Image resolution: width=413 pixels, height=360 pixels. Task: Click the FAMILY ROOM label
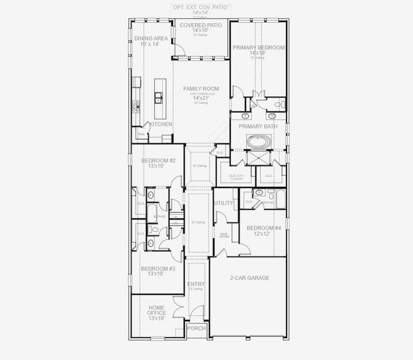pos(201,89)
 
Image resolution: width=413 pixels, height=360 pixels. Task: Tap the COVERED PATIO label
pos(201,25)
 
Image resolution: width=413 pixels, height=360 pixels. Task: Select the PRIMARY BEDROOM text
pos(258,47)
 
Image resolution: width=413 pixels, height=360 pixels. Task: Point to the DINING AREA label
pos(150,38)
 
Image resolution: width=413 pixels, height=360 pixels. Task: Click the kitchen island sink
pos(158,95)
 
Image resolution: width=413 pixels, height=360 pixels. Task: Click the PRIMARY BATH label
pos(258,127)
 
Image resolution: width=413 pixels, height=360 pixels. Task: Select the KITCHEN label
pos(161,124)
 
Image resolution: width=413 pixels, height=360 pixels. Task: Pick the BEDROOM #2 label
pos(158,161)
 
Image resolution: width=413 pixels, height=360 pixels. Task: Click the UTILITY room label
pos(224,203)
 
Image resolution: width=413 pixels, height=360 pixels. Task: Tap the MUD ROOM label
pos(224,236)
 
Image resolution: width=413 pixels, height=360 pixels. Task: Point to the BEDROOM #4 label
pos(264,228)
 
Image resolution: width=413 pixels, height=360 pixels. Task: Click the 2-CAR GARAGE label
pos(249,278)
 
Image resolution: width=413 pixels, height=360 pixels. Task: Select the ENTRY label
pos(196,284)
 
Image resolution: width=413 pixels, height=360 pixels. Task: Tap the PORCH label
pos(196,328)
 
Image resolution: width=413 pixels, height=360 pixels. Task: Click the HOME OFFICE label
pos(156,310)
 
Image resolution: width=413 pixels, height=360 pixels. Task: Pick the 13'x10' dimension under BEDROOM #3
pos(158,274)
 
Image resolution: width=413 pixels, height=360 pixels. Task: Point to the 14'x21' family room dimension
pos(201,98)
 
